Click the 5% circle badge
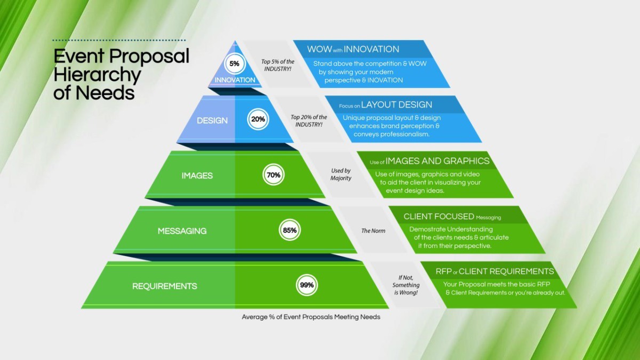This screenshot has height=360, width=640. point(234,63)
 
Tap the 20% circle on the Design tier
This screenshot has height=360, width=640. point(258,119)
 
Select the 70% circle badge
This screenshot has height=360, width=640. point(273,175)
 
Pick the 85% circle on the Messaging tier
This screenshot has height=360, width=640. point(290,230)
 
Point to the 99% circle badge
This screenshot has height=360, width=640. point(307,285)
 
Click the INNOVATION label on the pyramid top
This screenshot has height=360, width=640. point(235,80)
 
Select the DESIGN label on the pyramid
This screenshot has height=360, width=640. point(212,121)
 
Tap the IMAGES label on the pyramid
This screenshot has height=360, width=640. point(197,175)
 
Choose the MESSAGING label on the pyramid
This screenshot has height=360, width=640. point(182,231)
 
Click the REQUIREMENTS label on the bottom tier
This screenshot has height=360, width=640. point(165,286)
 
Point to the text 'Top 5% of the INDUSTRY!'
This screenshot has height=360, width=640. point(277,65)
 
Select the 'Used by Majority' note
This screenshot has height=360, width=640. point(341,174)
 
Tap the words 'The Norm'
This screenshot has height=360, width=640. point(373,231)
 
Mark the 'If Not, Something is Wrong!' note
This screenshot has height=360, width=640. point(406,285)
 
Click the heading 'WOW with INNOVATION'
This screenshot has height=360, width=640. point(353,49)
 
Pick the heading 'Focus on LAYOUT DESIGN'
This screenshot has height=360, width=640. point(386,105)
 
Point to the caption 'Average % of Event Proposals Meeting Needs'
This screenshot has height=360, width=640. point(311,317)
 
